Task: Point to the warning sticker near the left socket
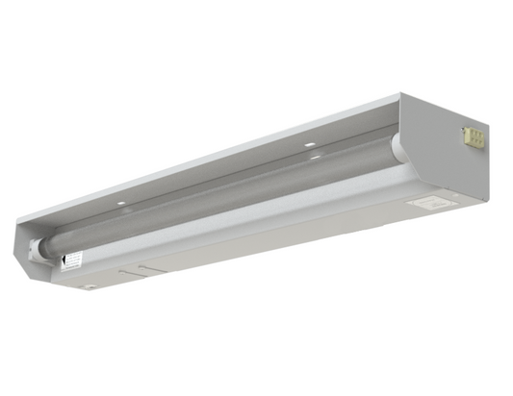[x=71, y=260]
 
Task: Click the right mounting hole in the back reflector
[x=310, y=144]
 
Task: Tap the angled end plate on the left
[x=29, y=245]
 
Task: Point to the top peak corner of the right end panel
[x=400, y=94]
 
